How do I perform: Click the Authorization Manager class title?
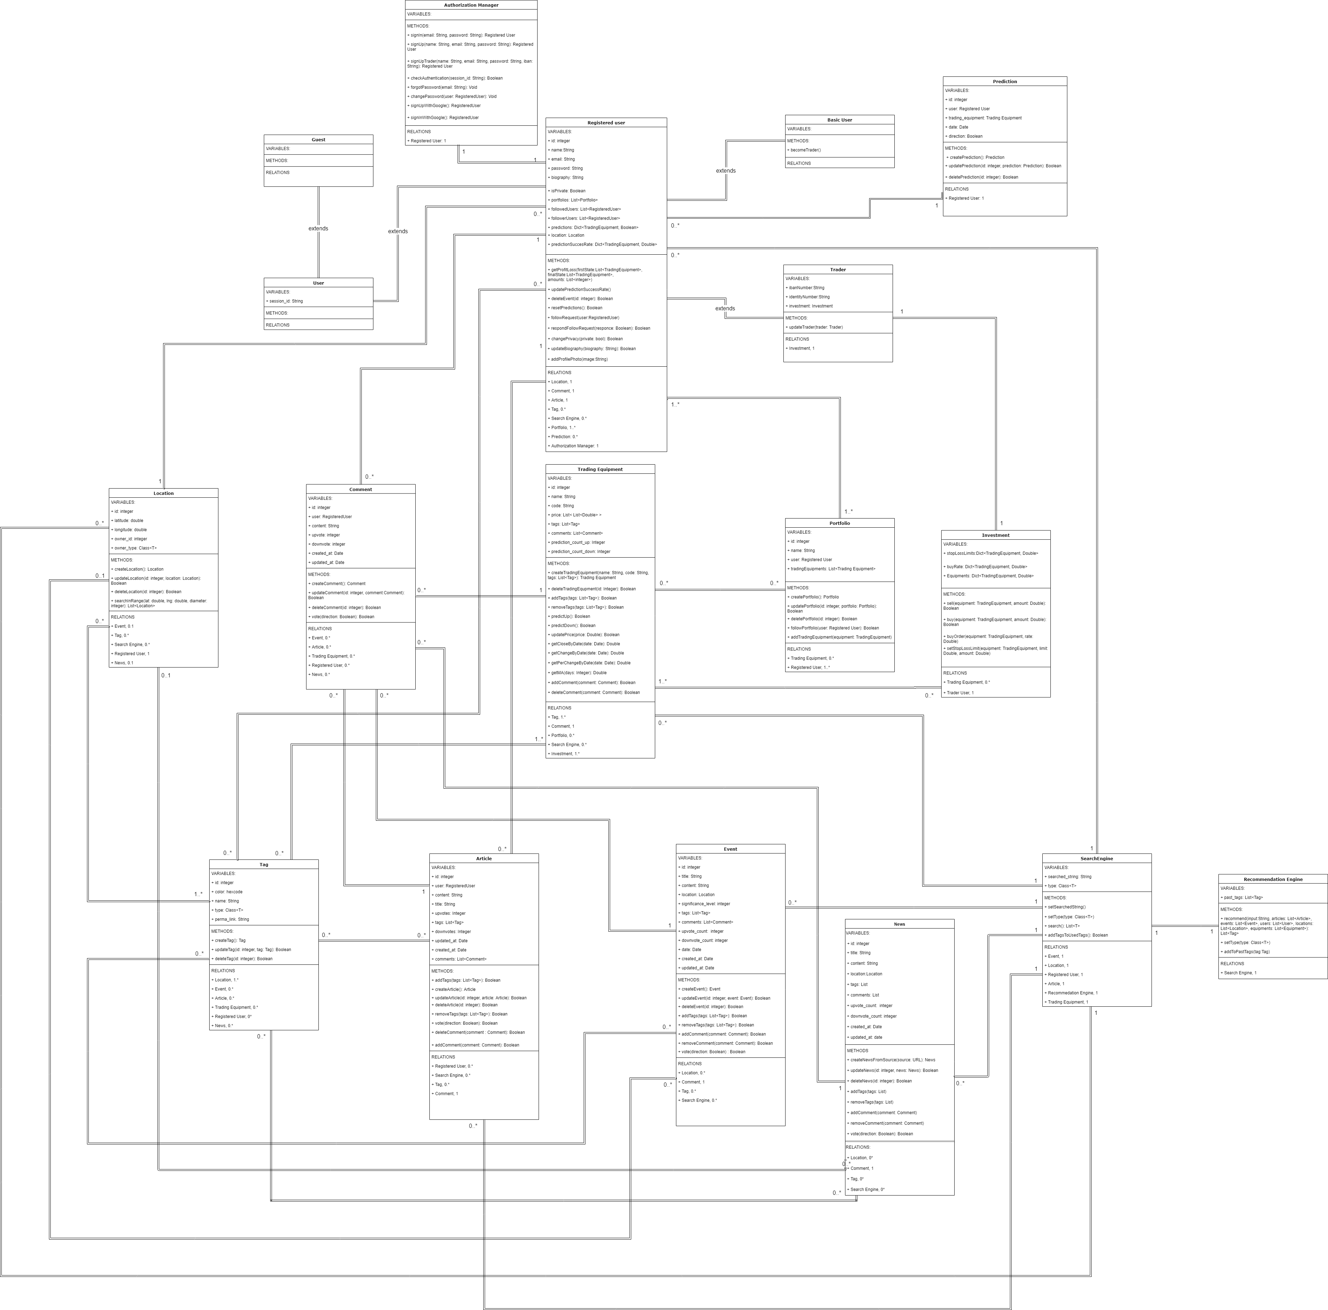click(x=471, y=5)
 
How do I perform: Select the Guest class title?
click(x=318, y=139)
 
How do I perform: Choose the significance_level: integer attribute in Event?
click(x=705, y=904)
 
